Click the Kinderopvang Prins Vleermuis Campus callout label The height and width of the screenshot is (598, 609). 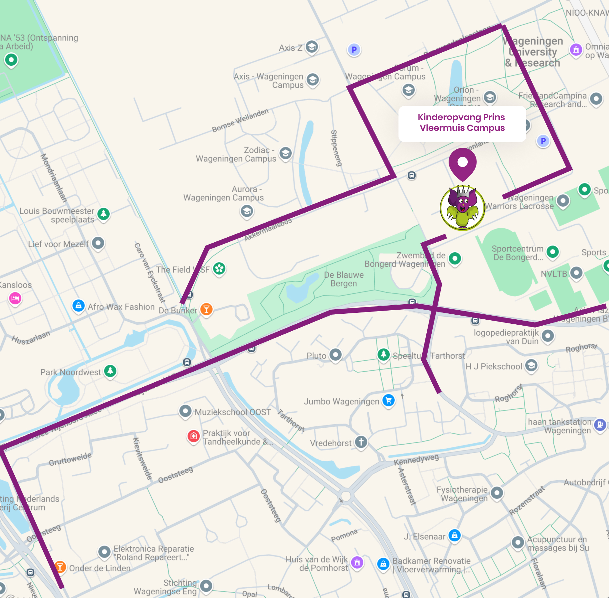pyautogui.click(x=462, y=123)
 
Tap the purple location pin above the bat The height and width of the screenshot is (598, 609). pyautogui.click(x=462, y=163)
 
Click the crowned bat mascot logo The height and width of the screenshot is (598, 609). pyautogui.click(x=462, y=208)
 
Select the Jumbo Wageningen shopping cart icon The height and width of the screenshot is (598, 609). pyautogui.click(x=389, y=400)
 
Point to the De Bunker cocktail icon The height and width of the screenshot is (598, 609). pyautogui.click(x=206, y=309)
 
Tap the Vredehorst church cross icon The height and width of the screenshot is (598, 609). pyautogui.click(x=361, y=442)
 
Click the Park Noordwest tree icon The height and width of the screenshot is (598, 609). pyautogui.click(x=110, y=371)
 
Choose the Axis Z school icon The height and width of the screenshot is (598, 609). pyautogui.click(x=312, y=47)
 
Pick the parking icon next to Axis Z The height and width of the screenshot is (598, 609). pyautogui.click(x=354, y=49)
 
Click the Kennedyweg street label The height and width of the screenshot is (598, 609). pyautogui.click(x=416, y=460)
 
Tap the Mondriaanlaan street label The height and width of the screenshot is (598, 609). pyautogui.click(x=54, y=178)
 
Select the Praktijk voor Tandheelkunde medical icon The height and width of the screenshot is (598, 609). pyautogui.click(x=194, y=436)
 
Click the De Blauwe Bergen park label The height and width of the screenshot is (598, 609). pyautogui.click(x=344, y=279)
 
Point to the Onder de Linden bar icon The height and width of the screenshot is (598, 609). pyautogui.click(x=60, y=567)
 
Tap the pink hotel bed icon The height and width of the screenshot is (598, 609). pyautogui.click(x=15, y=298)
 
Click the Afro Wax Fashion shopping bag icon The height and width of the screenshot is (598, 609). pyautogui.click(x=79, y=305)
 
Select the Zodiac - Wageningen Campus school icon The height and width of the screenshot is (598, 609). pyautogui.click(x=285, y=154)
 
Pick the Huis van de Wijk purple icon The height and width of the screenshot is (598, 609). pyautogui.click(x=357, y=563)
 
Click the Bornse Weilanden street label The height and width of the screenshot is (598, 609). pyautogui.click(x=240, y=120)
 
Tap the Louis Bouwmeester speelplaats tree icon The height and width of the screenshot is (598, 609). pyautogui.click(x=104, y=214)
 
